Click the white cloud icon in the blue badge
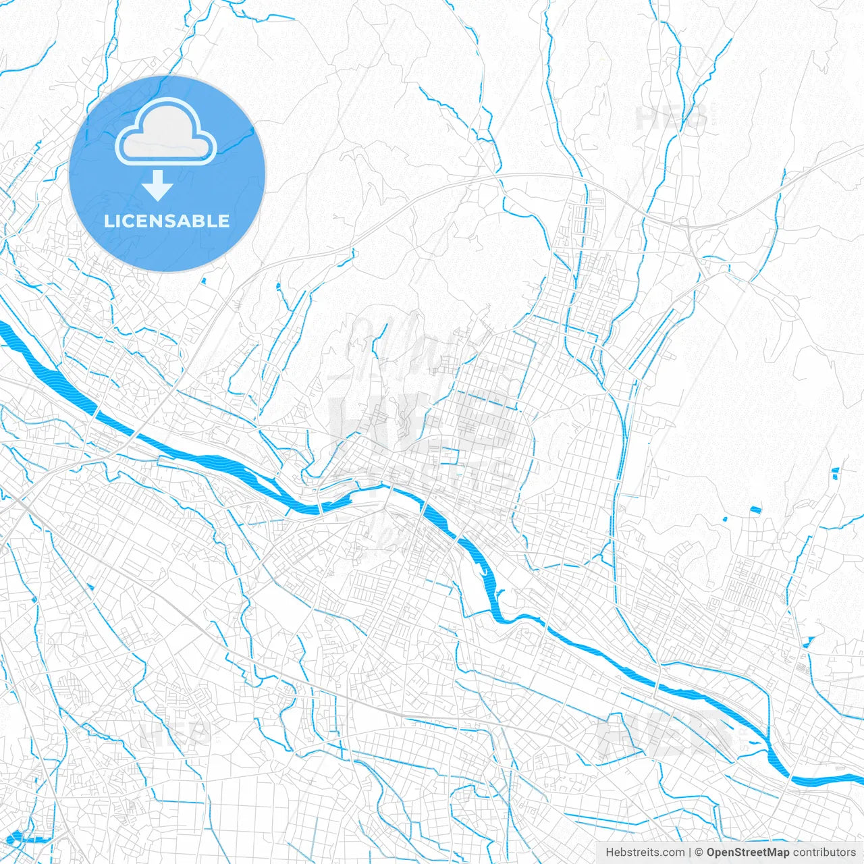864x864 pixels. [166, 132]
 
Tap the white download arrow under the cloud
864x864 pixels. [157, 186]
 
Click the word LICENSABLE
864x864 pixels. [166, 221]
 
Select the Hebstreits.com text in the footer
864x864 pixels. [645, 853]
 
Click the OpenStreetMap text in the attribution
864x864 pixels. [747, 853]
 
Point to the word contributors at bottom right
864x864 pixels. [824, 853]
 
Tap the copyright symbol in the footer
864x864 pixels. [699, 853]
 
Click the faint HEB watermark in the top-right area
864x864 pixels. [671, 118]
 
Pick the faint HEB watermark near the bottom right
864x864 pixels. [665, 736]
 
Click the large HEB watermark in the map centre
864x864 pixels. [418, 425]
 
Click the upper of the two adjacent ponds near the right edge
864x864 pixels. [836, 470]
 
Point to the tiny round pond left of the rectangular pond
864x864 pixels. [725, 519]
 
